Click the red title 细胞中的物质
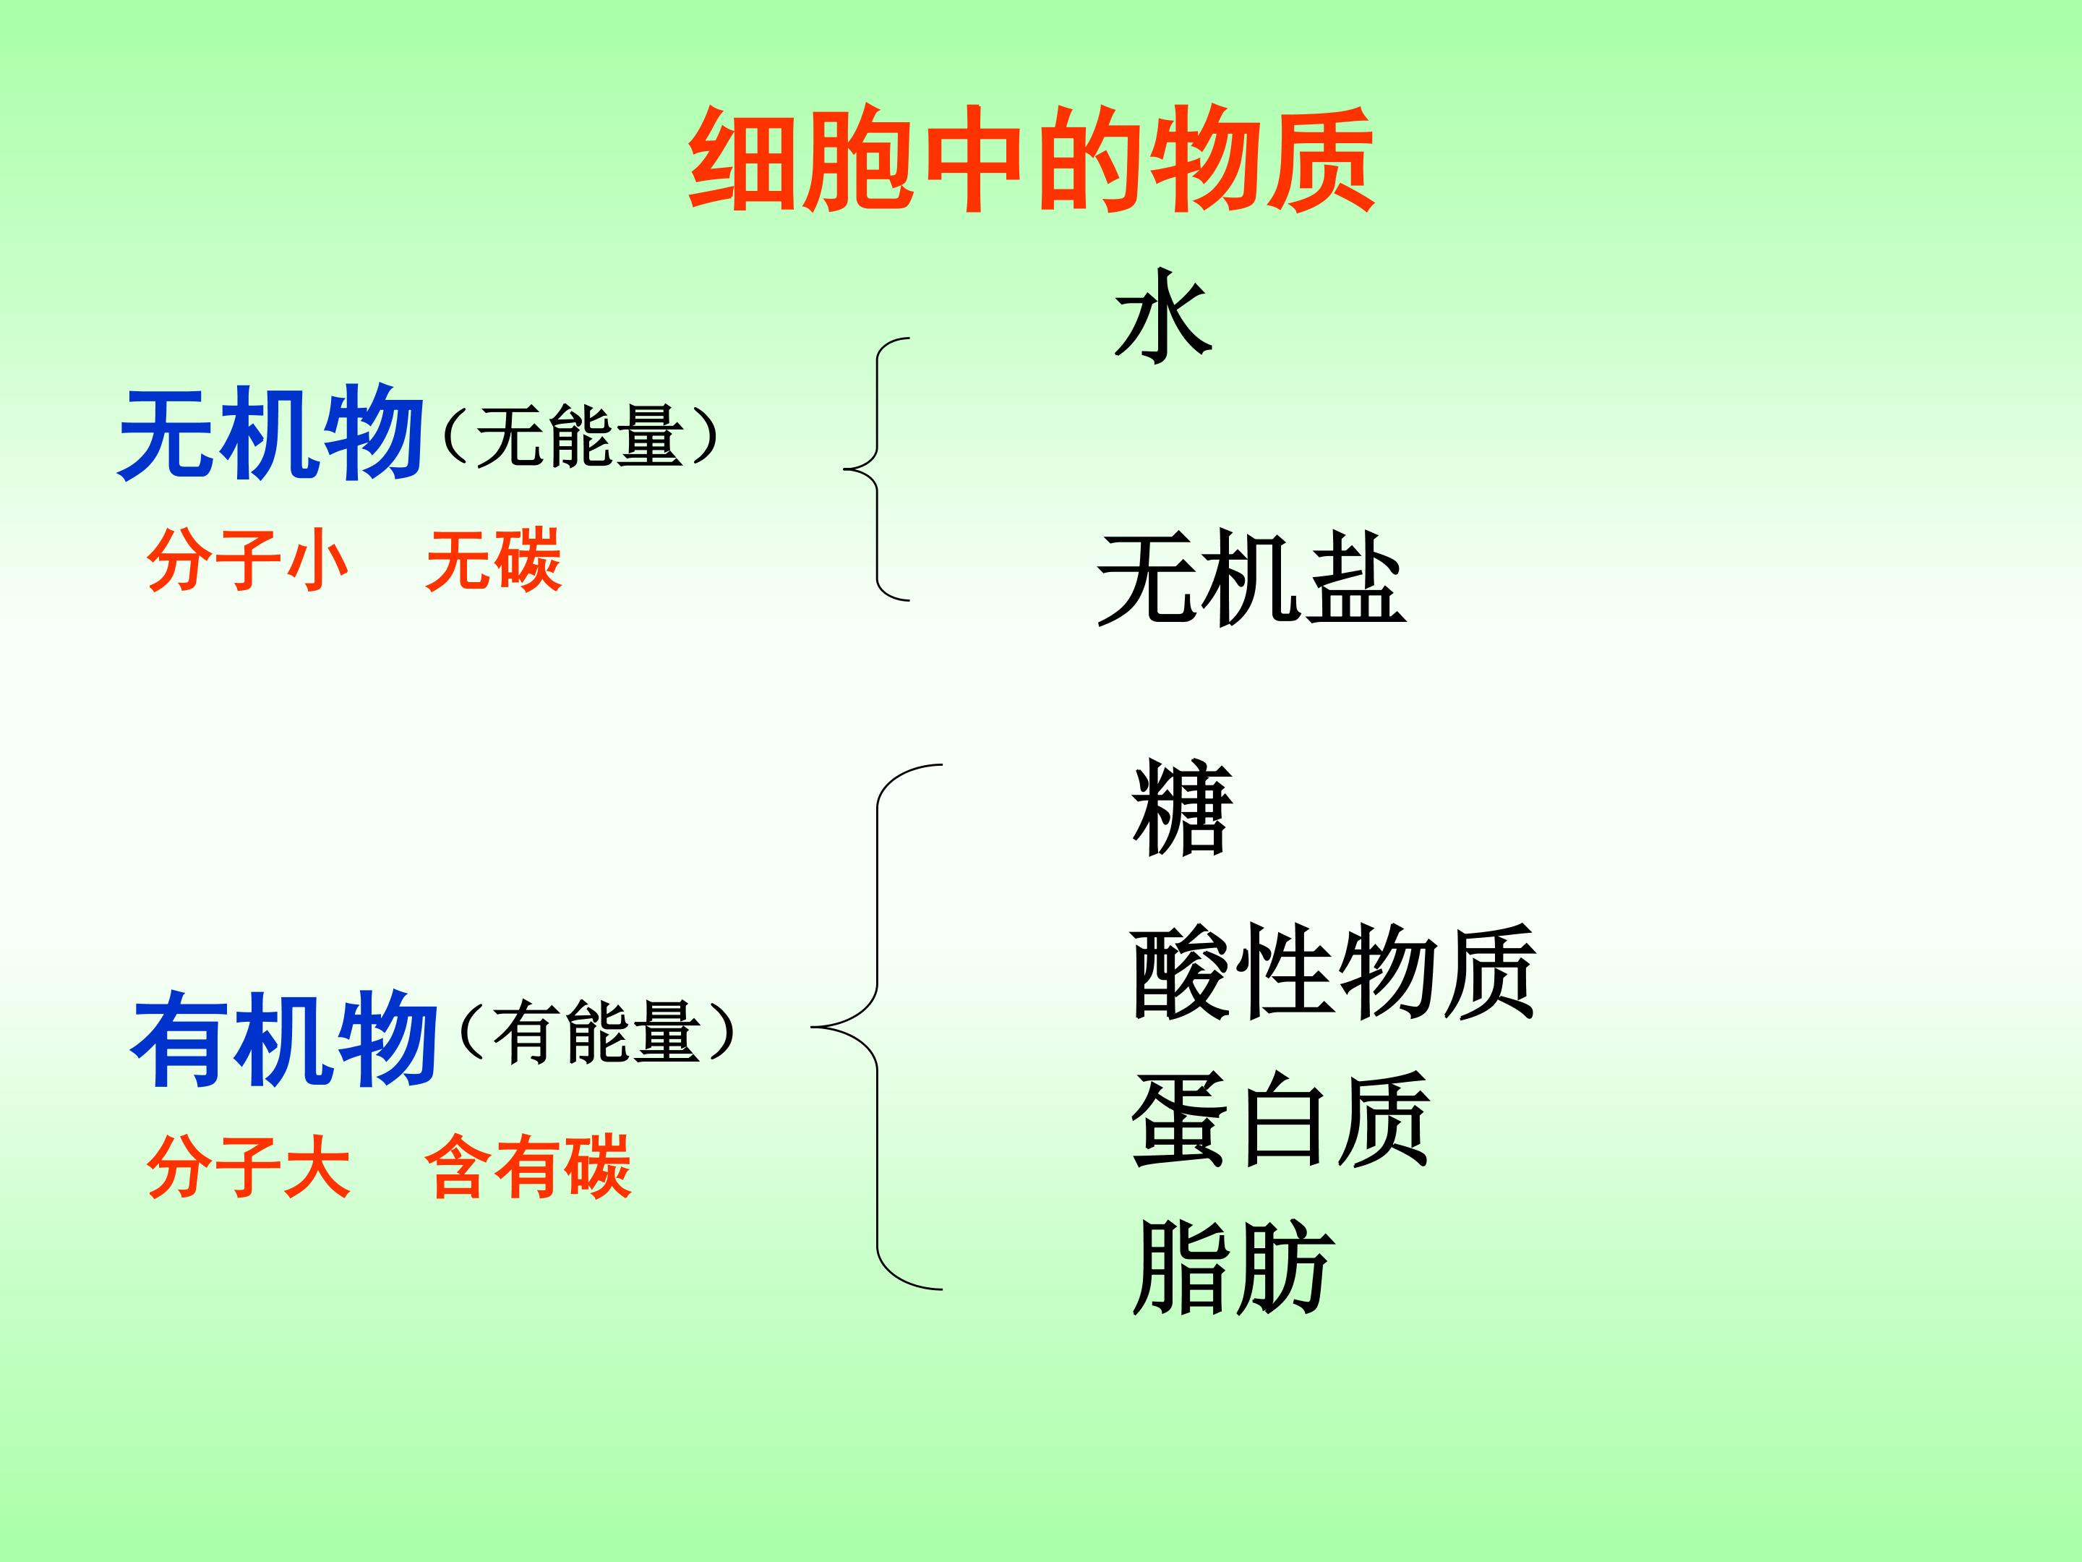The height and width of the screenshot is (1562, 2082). (x=1032, y=159)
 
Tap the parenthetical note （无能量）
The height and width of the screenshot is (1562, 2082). (x=579, y=436)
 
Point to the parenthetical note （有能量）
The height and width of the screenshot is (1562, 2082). (x=596, y=1032)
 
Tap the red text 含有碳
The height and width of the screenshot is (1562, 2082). (x=527, y=1166)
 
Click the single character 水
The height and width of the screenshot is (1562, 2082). (x=1163, y=315)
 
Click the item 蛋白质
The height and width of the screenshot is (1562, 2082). (x=1280, y=1119)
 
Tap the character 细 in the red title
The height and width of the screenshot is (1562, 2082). (x=745, y=159)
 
